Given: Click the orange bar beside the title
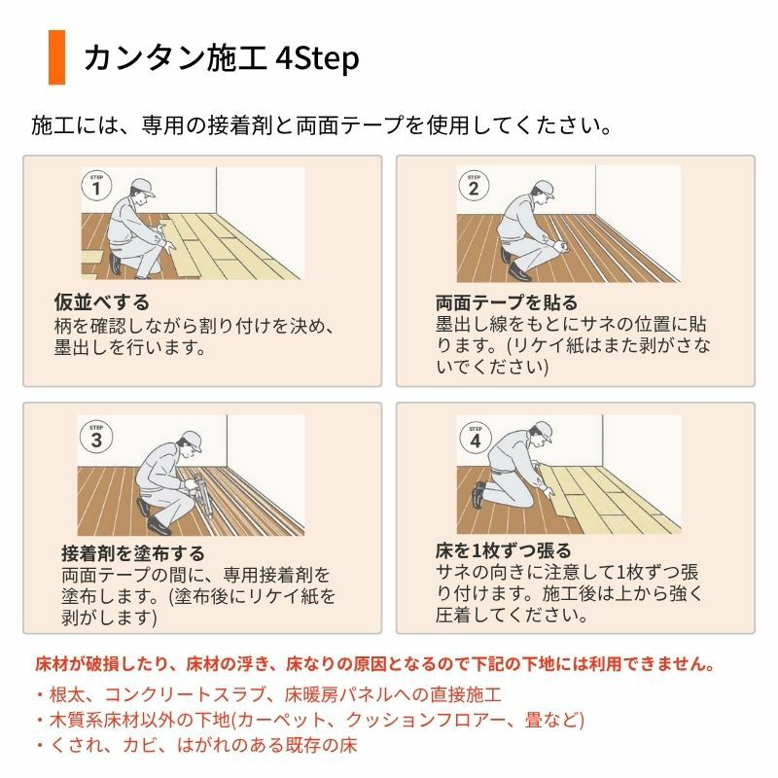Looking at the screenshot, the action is click(x=56, y=57).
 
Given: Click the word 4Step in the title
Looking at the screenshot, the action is click(x=317, y=58).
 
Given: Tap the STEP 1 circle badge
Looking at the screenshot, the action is click(x=96, y=185).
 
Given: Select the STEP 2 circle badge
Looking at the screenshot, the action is click(x=474, y=185).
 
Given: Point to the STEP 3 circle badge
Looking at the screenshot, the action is click(x=96, y=437).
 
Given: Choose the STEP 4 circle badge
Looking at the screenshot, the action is click(x=475, y=438).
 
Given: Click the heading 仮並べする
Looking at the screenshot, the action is click(x=102, y=301).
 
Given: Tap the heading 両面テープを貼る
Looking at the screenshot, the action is click(x=507, y=301).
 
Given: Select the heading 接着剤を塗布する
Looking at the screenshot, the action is click(x=133, y=552).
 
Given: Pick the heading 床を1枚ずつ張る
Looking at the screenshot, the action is click(x=504, y=550).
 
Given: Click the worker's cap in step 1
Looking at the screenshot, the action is click(x=142, y=188).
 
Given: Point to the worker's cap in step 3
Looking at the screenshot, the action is click(x=191, y=441).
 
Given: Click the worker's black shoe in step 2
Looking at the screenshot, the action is click(x=519, y=272).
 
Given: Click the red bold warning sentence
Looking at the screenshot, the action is click(x=375, y=663).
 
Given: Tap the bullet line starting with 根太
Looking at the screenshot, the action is click(x=269, y=694).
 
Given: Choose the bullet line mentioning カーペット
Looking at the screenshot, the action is click(x=310, y=720).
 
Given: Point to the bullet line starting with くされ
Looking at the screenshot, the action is click(x=197, y=745).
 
